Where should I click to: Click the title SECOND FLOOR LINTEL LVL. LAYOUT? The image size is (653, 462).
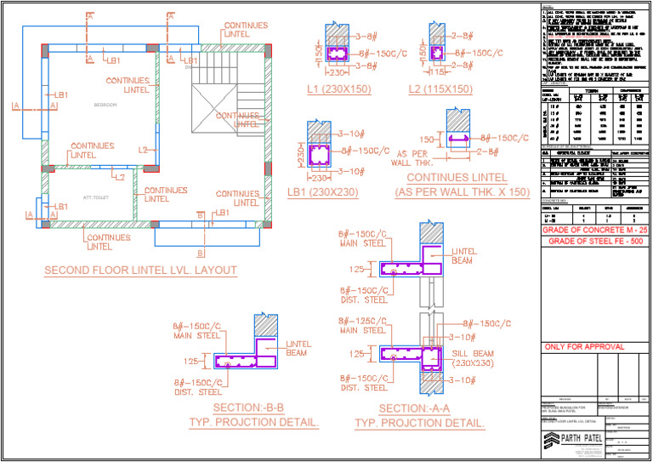click(x=140, y=271)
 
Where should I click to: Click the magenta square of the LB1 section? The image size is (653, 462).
click(x=320, y=155)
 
